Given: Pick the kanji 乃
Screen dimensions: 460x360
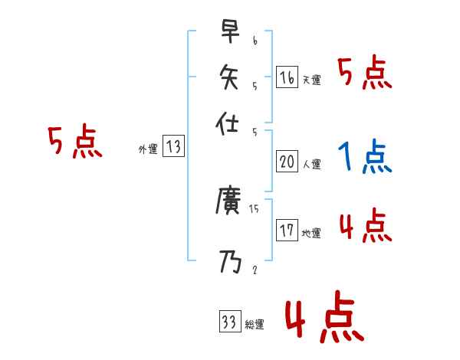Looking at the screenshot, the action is click(229, 261).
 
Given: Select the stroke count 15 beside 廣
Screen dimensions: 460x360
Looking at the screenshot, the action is click(255, 208).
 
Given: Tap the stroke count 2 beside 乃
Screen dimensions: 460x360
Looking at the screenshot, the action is click(254, 269).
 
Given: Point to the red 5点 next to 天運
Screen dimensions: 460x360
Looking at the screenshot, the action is click(365, 74).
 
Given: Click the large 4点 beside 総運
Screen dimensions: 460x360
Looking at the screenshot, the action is click(324, 319).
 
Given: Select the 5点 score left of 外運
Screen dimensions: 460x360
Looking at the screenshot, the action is click(74, 143).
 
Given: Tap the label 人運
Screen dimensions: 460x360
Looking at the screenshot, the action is click(311, 164).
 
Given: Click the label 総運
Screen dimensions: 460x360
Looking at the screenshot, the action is click(255, 325).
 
